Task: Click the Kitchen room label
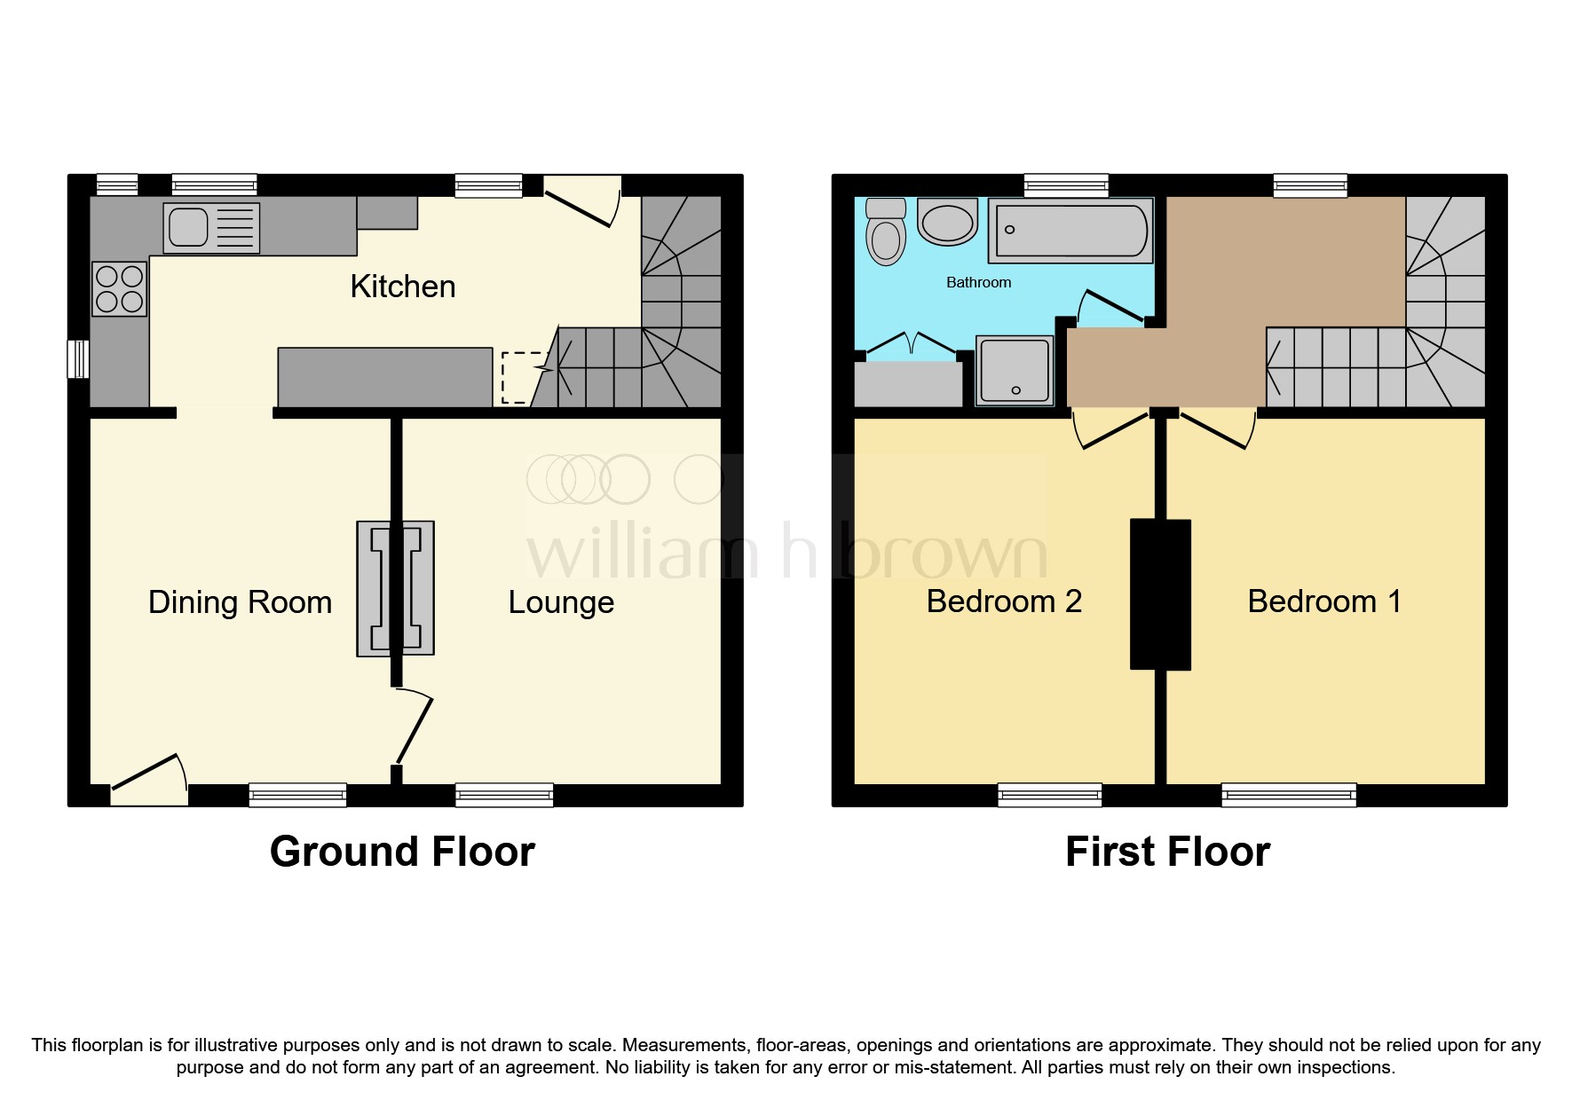coord(403,287)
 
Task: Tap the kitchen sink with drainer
coord(211,228)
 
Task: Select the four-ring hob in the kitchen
coord(120,288)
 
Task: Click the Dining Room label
coord(240,602)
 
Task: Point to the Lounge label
coord(561,602)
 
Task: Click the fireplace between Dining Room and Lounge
coord(396,588)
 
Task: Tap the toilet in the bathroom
coord(886,233)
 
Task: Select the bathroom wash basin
coord(947,223)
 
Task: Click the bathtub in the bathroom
coord(1070,231)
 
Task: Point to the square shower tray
coord(1015,370)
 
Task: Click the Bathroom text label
coord(978,282)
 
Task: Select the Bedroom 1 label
coord(1323,601)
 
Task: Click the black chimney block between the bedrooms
coord(1160,594)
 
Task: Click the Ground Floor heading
coord(402,852)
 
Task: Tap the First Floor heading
coord(1167,852)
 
